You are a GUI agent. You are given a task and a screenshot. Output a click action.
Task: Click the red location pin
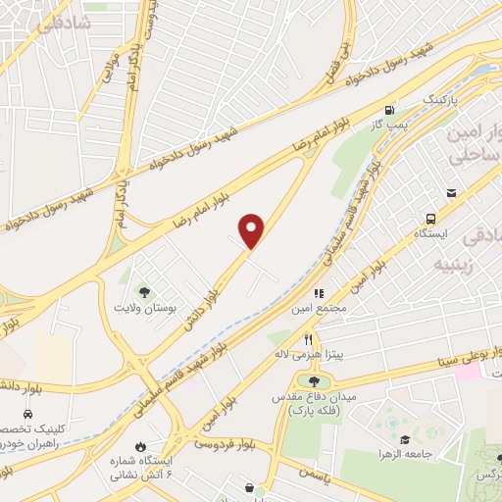(252, 229)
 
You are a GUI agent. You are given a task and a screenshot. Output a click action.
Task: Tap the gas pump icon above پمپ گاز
(392, 110)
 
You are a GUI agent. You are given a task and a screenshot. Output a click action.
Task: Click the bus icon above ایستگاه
(430, 219)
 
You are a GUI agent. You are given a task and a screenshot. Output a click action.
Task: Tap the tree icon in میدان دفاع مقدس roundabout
(314, 380)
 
